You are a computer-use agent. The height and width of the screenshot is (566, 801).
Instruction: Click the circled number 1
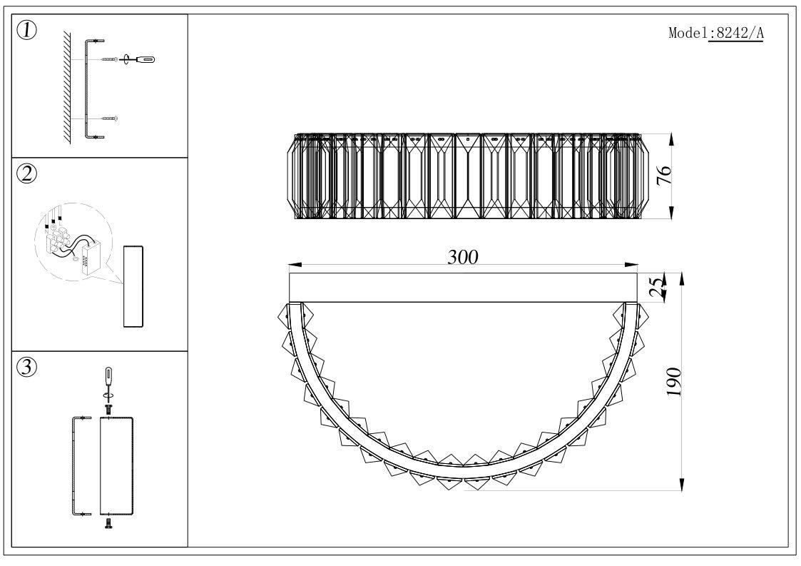[x=27, y=31]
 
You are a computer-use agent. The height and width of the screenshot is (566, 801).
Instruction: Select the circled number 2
[x=27, y=174]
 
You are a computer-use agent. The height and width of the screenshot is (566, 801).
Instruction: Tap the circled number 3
[x=27, y=367]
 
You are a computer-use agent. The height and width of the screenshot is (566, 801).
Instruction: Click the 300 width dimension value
[x=463, y=257]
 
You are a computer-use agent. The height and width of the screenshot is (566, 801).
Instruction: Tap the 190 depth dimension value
[x=674, y=381]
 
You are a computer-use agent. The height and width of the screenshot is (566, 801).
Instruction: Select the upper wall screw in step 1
[x=109, y=60]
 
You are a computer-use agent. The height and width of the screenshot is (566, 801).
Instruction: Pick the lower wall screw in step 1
[x=109, y=119]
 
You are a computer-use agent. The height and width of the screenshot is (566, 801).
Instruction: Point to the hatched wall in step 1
[x=67, y=87]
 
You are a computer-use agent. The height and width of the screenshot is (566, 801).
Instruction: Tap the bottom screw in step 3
[x=108, y=523]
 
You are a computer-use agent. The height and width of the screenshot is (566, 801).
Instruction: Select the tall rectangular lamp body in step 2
[x=133, y=286]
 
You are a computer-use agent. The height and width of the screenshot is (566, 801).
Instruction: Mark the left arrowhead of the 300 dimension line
[x=295, y=266]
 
